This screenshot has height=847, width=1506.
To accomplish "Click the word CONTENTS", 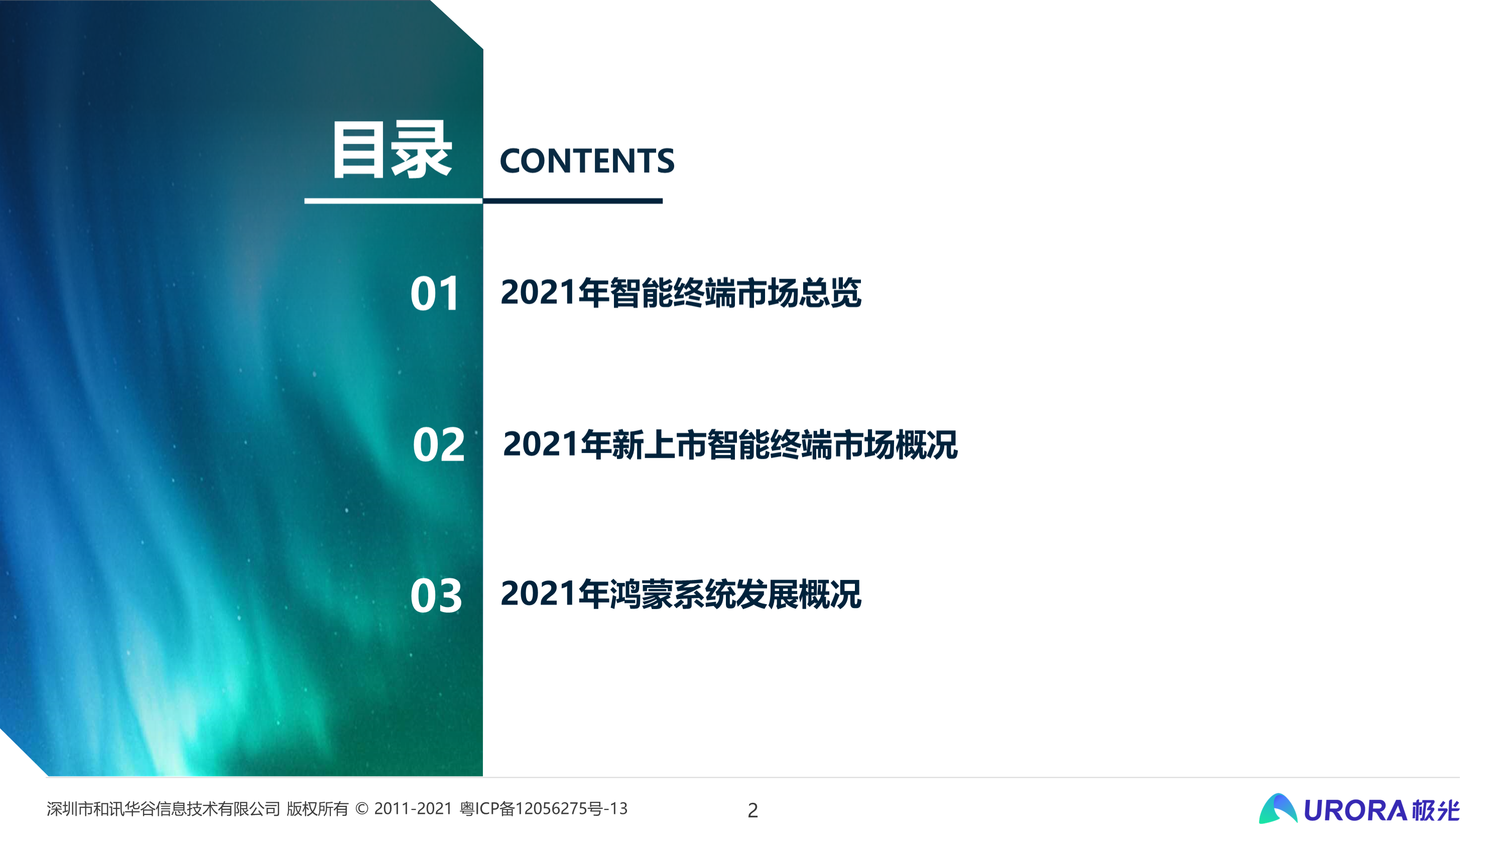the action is point(587,161).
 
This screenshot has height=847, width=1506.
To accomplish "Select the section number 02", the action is point(438,445).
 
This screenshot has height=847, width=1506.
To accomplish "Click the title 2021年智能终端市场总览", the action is point(681,292).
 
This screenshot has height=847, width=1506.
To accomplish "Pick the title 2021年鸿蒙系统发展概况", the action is point(681,594).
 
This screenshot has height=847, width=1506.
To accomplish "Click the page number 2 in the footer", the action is point(752,810).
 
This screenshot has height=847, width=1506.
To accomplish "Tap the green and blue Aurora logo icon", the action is point(1278,808).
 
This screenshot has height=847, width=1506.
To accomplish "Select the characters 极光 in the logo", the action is point(1435,810).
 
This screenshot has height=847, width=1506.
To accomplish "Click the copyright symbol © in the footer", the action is point(362,808).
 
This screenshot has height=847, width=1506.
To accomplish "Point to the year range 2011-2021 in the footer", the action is point(413,808).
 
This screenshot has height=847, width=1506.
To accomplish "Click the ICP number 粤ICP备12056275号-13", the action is point(543,808).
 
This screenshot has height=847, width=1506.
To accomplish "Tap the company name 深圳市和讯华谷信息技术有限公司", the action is point(163,809).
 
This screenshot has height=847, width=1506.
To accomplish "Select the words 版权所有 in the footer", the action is point(317,809).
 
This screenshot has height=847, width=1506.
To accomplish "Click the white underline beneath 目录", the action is point(394,201).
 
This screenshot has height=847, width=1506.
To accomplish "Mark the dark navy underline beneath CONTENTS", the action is point(573,201).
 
